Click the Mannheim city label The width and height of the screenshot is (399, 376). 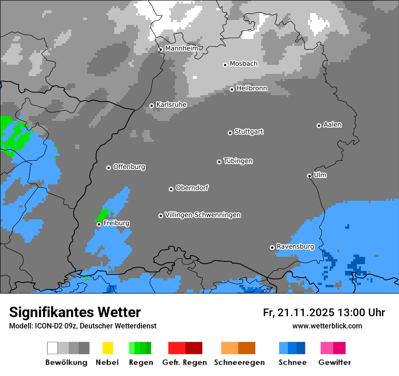181,48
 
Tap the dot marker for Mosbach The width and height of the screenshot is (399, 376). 225,65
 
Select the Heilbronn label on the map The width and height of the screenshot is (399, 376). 252,88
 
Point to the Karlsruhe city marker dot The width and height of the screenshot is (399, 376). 151,106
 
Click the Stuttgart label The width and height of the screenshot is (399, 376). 248,132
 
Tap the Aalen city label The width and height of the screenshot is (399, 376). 332,125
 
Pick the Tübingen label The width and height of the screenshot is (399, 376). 238,161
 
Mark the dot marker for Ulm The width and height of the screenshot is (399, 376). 309,176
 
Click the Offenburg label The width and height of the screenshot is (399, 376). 129,167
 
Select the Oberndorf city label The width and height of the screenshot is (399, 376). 192,188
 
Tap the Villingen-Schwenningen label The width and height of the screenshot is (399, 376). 203,215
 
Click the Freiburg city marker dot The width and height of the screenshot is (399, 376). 99,224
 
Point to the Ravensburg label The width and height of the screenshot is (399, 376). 295,247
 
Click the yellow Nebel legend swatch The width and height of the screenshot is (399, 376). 107,348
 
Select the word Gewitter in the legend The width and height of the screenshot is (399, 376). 335,362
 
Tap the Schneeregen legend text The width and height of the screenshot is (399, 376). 239,362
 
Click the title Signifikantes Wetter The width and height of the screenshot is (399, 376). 75,312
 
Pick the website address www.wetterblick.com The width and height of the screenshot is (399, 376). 327,326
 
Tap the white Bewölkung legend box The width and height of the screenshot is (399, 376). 53,348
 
